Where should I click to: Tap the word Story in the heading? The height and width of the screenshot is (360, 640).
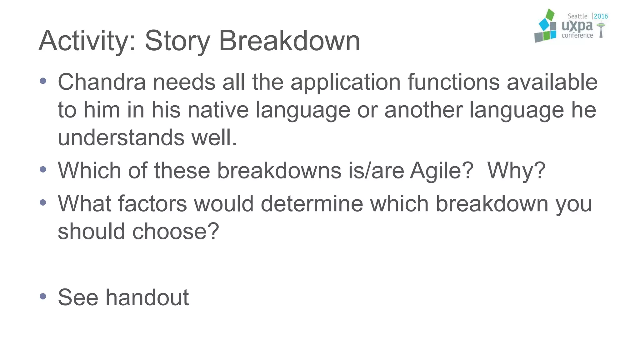click(177, 41)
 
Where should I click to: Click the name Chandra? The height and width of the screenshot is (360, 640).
click(102, 82)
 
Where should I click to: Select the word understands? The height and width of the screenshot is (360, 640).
click(121, 137)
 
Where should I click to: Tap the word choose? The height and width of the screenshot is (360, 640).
click(176, 232)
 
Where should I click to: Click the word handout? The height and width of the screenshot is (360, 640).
click(147, 297)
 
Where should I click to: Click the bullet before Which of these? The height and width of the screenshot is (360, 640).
click(43, 170)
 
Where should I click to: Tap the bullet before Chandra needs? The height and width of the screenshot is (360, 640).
click(43, 81)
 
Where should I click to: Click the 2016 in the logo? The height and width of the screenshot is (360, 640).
click(601, 16)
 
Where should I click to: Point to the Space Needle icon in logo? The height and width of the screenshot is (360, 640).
click(601, 30)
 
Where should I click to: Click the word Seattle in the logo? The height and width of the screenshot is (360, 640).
click(577, 16)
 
